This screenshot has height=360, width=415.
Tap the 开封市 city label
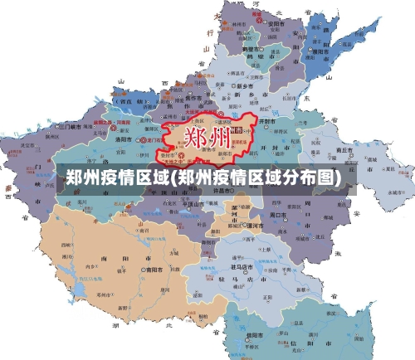(268, 121)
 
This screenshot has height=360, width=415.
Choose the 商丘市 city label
(341, 151)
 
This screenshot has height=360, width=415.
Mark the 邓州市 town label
(104, 294)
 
